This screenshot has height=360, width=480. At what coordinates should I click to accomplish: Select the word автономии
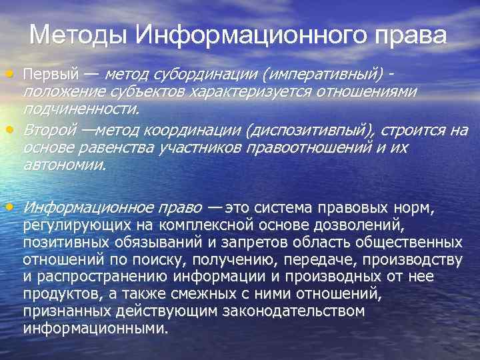pyautogui.click(x=64, y=164)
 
